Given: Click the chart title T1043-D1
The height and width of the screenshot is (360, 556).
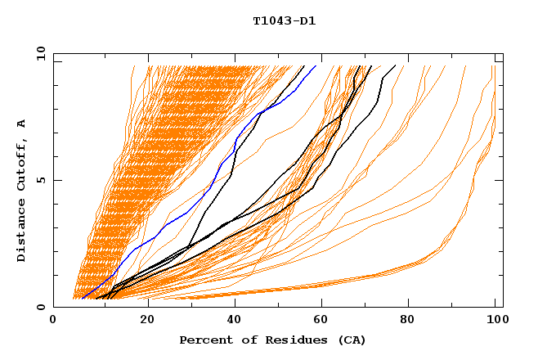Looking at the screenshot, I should click(285, 21).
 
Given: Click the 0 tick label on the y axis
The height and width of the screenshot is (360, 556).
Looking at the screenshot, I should click(41, 308).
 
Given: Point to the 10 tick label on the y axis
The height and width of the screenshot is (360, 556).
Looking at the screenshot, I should click(38, 54).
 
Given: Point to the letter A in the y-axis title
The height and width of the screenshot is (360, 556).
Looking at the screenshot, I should click(22, 123).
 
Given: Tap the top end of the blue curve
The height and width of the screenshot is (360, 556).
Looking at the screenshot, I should click(316, 66).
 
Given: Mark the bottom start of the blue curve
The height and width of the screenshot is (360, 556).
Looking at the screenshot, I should click(82, 299).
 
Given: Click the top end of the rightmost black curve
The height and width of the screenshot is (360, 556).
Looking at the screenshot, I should click(396, 66).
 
